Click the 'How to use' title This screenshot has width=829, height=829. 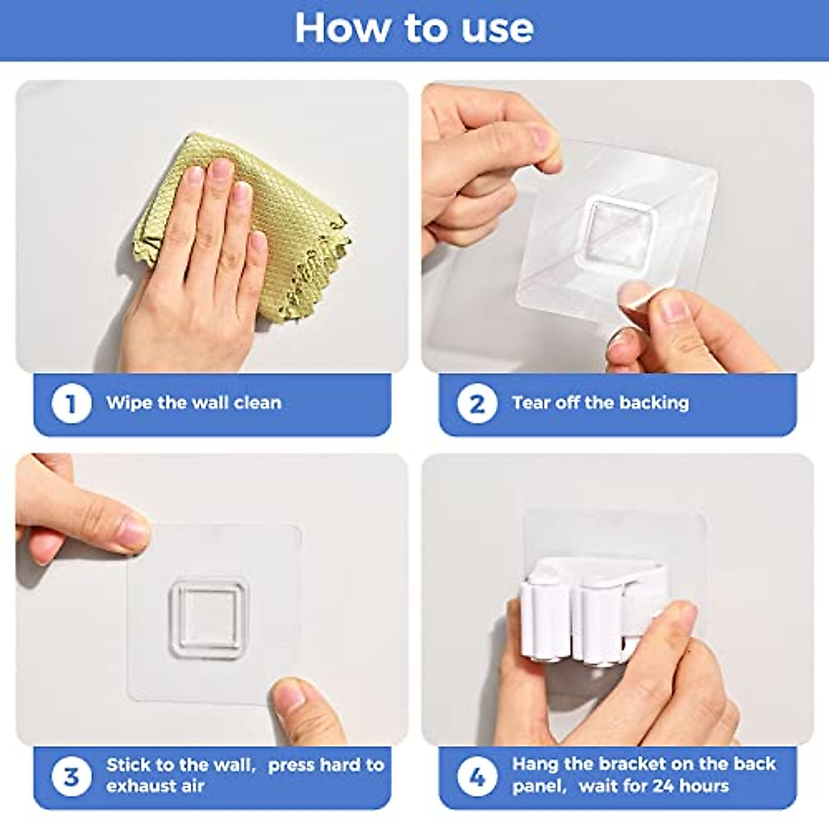tap(414, 28)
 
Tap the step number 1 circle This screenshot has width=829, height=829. tap(71, 403)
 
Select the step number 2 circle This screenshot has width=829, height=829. tap(477, 403)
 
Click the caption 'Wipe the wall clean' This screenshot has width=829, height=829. tap(193, 403)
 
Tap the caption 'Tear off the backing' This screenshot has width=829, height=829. tap(600, 403)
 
